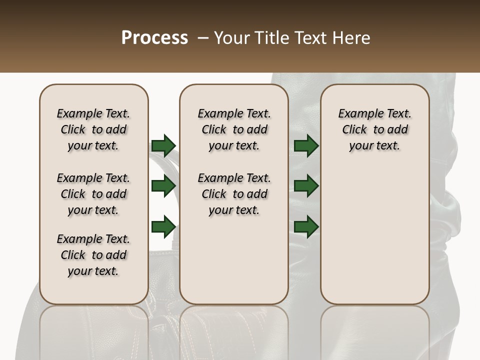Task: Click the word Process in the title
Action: coord(154,37)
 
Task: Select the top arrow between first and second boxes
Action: coord(163,145)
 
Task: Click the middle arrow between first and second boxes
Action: coord(163,186)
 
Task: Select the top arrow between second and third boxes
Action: coord(306,145)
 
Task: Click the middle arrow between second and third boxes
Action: coord(306,186)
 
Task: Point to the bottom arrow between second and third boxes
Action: coord(306,226)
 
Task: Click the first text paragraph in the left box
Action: coord(93,129)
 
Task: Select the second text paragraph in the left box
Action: coord(93,194)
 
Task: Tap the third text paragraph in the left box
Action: coord(93,255)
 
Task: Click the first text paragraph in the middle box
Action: coord(234,129)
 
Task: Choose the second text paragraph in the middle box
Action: coord(234,194)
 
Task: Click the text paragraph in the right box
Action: coord(374,129)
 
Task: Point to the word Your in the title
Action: coord(231,37)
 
